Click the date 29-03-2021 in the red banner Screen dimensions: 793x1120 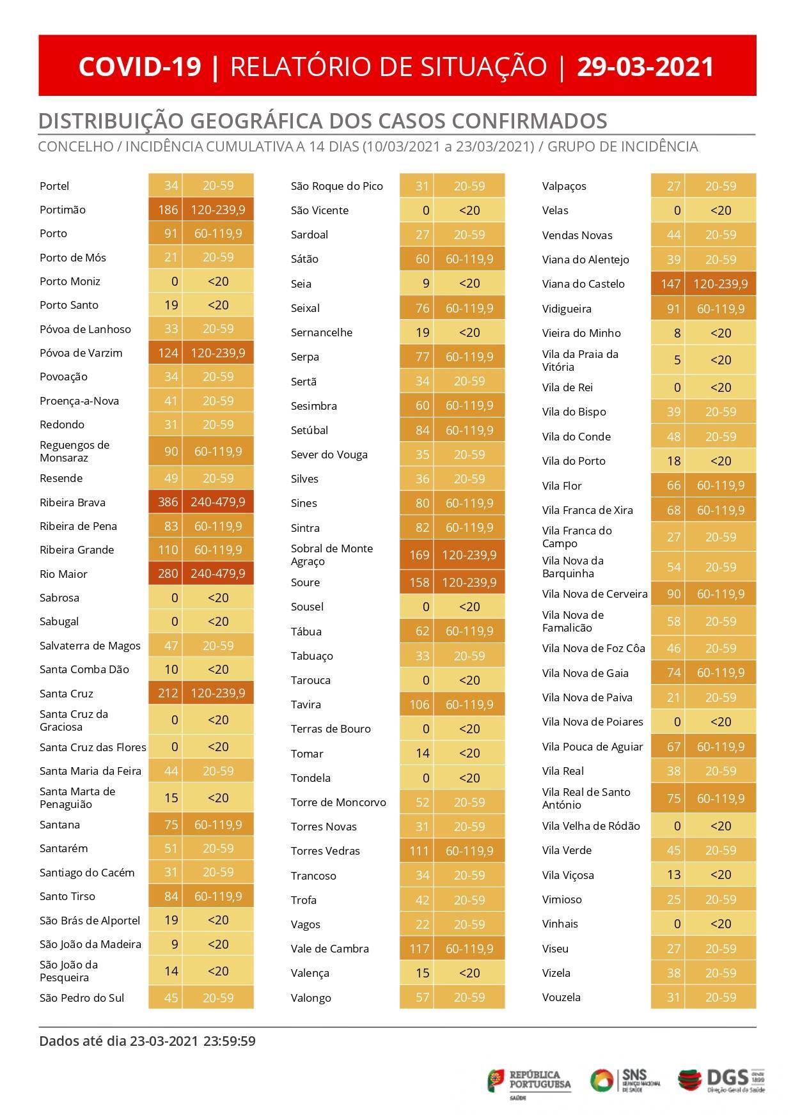coord(645,66)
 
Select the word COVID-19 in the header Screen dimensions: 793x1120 coord(140,66)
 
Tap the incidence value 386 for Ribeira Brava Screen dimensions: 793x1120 coord(168,502)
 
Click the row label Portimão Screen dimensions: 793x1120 coord(62,210)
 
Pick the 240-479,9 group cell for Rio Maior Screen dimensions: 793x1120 coord(217,573)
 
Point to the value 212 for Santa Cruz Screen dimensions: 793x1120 coord(168,693)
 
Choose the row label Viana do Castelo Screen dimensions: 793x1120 coord(583,284)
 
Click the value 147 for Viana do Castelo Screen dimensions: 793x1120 coord(670,284)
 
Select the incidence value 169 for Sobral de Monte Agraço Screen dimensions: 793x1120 coord(420,555)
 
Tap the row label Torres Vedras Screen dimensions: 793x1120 coord(325,851)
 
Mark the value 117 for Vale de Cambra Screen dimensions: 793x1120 coord(420,949)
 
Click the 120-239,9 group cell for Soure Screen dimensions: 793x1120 coord(469,582)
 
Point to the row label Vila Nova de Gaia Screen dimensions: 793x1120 coord(585,673)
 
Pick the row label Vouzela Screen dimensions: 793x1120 coord(561,997)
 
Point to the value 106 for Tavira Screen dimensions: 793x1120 coord(420,704)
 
